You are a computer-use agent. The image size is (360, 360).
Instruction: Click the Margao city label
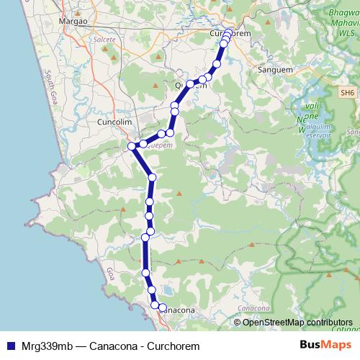pos(73,21)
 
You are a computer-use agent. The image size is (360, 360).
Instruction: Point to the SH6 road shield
pos(348,92)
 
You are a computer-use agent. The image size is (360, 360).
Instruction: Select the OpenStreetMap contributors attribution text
pos(297,322)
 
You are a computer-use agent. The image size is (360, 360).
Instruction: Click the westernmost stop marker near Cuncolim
pos(132,146)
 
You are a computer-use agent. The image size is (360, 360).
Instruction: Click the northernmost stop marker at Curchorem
pos(228,32)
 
